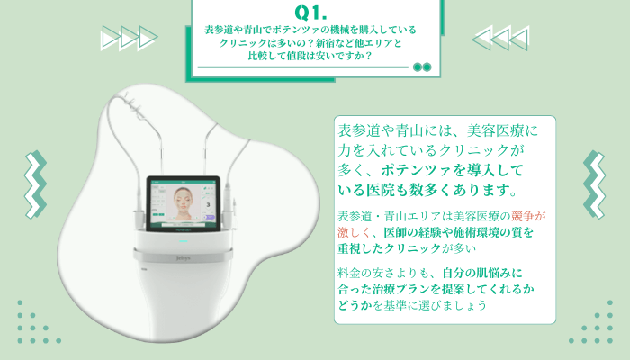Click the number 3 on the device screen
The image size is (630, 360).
pyautogui.click(x=208, y=205)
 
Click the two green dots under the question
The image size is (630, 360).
pyautogui.click(x=421, y=67)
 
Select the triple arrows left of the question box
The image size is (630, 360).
pyautogui.click(x=130, y=37)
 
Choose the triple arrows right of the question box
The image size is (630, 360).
pyautogui.click(x=500, y=37)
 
